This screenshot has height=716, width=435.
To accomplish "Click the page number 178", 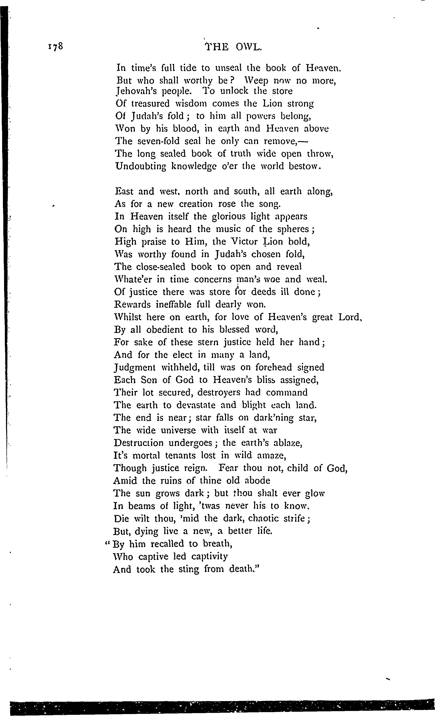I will tap(54, 47).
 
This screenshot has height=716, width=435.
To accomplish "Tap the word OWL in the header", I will tap(249, 47).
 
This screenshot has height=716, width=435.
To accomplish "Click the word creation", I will tap(198, 204).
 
